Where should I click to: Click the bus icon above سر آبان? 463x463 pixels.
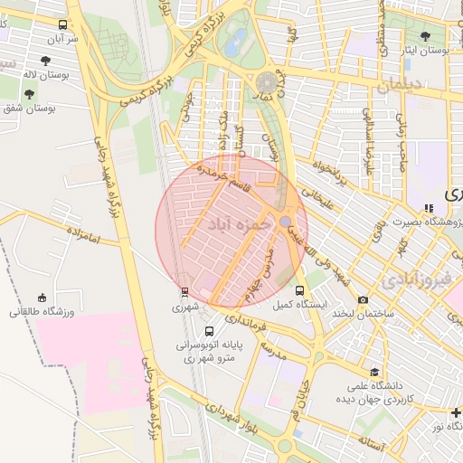(62, 25)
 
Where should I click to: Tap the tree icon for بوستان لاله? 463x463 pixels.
(45, 61)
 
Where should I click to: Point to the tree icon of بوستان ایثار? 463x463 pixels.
(425, 36)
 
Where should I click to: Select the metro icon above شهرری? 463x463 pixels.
(184, 291)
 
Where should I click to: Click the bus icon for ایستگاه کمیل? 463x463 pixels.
(300, 289)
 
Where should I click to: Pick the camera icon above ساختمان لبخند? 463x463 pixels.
(364, 299)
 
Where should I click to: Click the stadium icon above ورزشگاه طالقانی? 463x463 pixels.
(42, 298)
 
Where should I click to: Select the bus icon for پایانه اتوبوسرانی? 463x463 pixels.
(210, 331)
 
